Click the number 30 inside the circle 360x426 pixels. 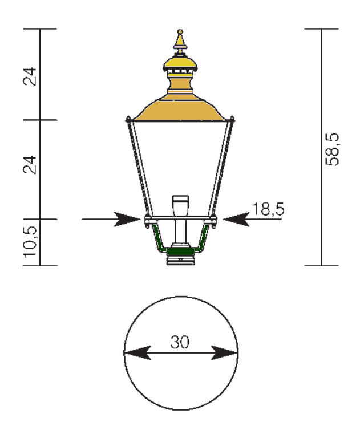181,342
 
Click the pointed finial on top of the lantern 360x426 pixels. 180,42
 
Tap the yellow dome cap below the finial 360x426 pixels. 180,60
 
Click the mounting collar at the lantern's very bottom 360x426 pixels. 180,261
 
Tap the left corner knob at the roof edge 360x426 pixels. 128,119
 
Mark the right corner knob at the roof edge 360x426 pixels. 232,119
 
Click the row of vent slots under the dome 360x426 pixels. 180,72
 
